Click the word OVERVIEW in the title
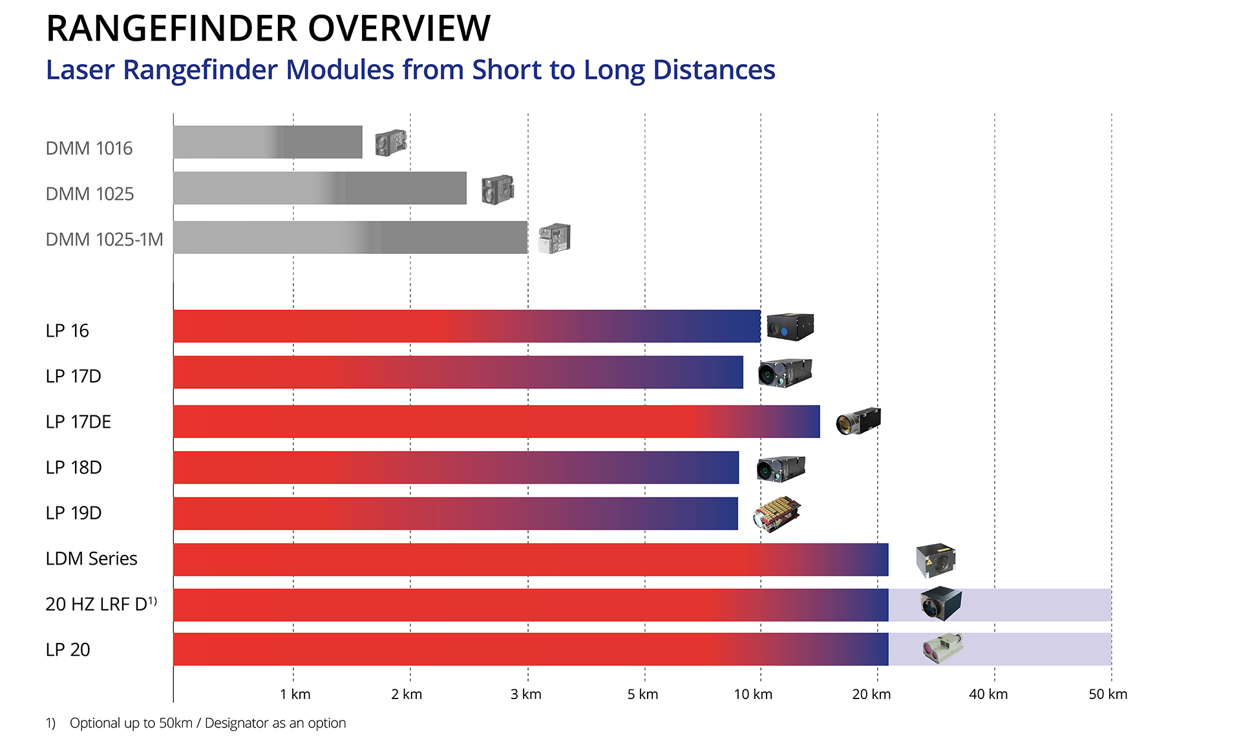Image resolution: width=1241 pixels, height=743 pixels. [x=399, y=28]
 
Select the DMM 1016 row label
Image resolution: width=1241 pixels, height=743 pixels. [x=89, y=149]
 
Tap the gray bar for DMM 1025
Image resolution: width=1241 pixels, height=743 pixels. [x=319, y=188]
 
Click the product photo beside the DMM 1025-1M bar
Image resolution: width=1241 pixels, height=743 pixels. [x=555, y=238]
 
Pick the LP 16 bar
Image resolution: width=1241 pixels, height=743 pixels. [x=466, y=326]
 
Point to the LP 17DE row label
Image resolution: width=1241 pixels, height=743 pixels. [x=78, y=422]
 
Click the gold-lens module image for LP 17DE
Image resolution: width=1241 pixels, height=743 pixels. [x=858, y=421]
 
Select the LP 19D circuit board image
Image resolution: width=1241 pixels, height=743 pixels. [x=778, y=514]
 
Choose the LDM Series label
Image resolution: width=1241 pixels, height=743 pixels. [x=91, y=558]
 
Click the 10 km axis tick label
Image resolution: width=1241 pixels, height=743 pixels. [x=753, y=695]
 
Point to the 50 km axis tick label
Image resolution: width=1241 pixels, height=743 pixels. [x=1107, y=695]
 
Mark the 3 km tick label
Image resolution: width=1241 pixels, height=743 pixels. [x=525, y=695]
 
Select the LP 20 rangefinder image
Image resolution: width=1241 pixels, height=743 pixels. [x=942, y=648]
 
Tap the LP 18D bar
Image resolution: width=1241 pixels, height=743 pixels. [x=456, y=468]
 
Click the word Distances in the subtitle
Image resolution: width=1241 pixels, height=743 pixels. [x=714, y=70]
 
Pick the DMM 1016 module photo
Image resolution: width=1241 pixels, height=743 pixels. [x=390, y=143]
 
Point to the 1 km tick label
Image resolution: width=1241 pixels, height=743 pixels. [x=295, y=695]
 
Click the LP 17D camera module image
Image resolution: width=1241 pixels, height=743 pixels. [x=785, y=373]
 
